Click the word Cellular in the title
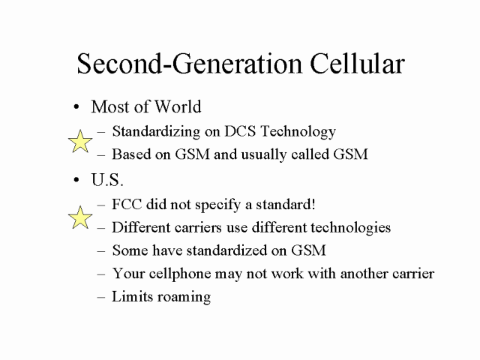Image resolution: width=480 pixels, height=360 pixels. pyautogui.click(x=357, y=63)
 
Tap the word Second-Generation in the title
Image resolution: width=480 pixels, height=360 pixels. pyautogui.click(x=189, y=63)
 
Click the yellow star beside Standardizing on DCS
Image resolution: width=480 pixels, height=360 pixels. pyautogui.click(x=80, y=141)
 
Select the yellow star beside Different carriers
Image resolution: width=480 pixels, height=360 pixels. pyautogui.click(x=80, y=217)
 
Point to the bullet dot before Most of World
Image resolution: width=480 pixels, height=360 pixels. pyautogui.click(x=76, y=107)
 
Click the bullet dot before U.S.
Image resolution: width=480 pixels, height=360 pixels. pyautogui.click(x=76, y=180)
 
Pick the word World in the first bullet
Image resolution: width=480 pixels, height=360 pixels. pyautogui.click(x=178, y=106)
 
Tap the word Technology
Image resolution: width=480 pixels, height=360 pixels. pyautogui.click(x=298, y=132)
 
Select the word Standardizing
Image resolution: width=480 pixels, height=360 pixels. pyautogui.click(x=156, y=132)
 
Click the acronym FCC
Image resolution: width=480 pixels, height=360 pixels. pyautogui.click(x=127, y=204)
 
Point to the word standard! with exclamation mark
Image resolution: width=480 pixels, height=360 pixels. pyautogui.click(x=285, y=204)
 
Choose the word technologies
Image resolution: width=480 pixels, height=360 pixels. pyautogui.click(x=351, y=228)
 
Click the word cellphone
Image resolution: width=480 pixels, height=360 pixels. pyautogui.click(x=180, y=274)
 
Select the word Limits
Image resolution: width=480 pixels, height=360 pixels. pyautogui.click(x=132, y=296)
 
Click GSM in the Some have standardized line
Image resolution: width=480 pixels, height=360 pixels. pyautogui.click(x=308, y=250)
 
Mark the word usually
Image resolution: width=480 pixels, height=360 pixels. pyautogui.click(x=264, y=155)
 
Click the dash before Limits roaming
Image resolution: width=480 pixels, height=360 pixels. pyautogui.click(x=101, y=297)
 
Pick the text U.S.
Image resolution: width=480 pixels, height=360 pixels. pyautogui.click(x=107, y=179)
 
